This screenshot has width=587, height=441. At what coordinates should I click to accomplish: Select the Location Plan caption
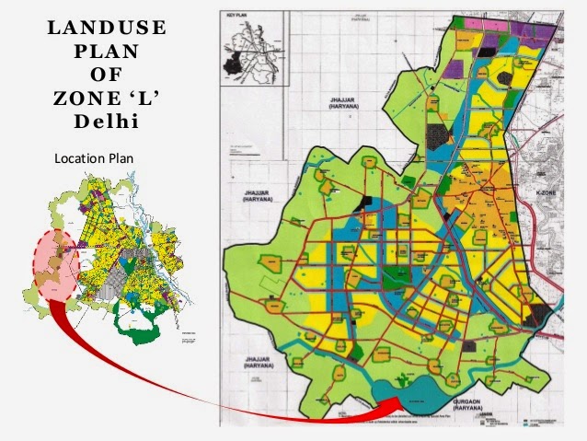(x=94, y=158)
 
